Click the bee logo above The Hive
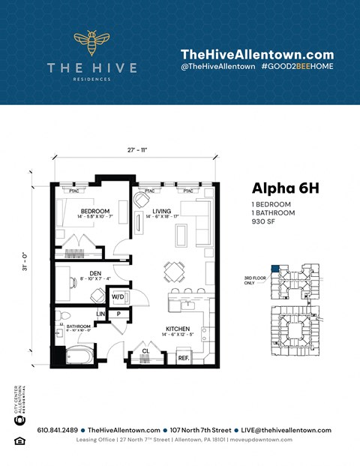coord(91,44)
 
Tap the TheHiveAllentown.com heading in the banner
coord(256,54)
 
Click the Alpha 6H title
coord(285,188)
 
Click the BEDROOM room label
coord(96,212)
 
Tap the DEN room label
coord(96,274)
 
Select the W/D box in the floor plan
coord(119,297)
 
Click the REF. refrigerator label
coord(183,359)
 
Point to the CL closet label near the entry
coord(145,350)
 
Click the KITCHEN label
coord(178,329)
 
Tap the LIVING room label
coord(162,212)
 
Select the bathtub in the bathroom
coord(76,355)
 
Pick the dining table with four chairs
coord(176,270)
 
